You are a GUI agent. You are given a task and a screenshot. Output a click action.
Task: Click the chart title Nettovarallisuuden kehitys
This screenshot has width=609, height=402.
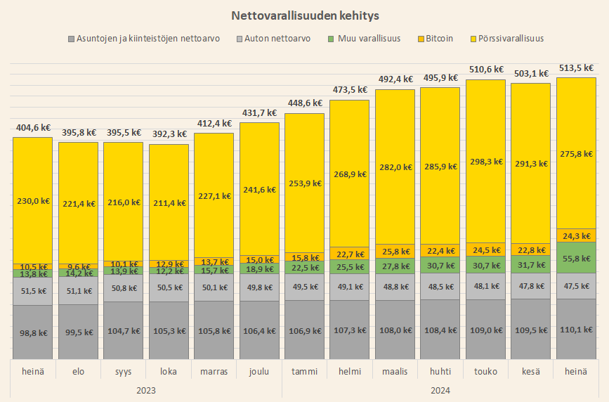coord(304,14)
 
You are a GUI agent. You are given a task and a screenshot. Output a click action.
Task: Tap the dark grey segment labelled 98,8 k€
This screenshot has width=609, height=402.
coord(33,332)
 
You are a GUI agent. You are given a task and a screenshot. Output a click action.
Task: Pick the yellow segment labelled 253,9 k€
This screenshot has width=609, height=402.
coord(305,183)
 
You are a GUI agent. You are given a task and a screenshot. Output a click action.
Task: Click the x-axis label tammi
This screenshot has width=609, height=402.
coord(305,370)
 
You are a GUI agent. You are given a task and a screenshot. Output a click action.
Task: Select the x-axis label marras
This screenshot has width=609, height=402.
coord(214,370)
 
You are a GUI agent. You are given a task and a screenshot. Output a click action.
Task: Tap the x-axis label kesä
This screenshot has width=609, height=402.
coord(531,370)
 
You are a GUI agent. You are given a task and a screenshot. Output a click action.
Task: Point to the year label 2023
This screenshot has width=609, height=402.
coord(146,389)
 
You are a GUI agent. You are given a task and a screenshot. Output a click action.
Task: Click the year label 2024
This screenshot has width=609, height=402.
coord(440,389)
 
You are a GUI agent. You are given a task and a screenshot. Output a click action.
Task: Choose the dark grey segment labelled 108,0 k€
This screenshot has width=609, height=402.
coord(395,331)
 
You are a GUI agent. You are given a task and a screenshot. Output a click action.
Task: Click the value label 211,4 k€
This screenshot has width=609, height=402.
coord(169,203)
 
